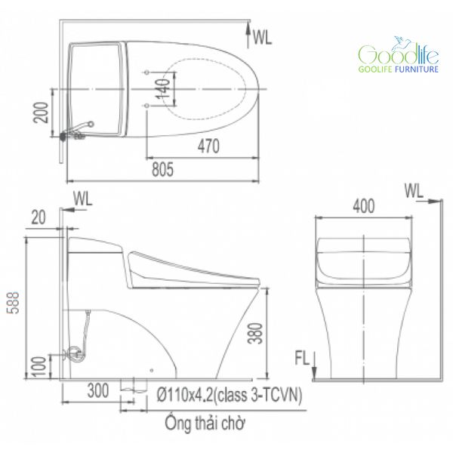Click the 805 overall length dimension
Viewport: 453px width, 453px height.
(162, 170)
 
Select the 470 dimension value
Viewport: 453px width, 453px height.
(208, 146)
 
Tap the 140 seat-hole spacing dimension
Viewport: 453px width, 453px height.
(162, 88)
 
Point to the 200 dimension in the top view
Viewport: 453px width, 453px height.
(41, 112)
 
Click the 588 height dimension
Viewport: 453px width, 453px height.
(14, 303)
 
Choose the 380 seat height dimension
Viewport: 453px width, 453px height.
(256, 334)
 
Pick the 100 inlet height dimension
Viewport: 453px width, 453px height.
(39, 367)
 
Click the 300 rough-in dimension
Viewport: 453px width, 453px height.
(98, 390)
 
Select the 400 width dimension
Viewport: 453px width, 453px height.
(364, 206)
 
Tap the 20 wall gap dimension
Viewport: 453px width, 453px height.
(39, 217)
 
